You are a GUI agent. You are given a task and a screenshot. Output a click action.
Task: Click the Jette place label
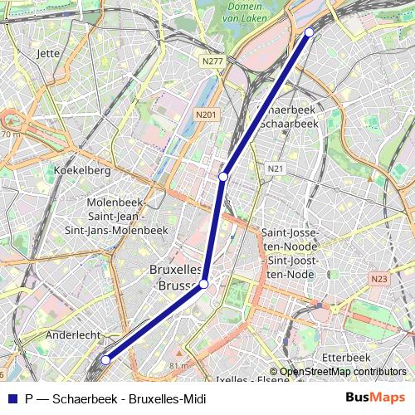50,53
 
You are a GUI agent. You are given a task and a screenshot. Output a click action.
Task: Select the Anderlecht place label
73,334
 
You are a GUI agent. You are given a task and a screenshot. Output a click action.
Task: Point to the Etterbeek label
344,357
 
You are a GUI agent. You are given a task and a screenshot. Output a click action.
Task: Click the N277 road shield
212,61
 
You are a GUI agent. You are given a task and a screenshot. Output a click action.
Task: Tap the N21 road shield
276,168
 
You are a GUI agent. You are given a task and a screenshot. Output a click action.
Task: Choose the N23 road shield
380,279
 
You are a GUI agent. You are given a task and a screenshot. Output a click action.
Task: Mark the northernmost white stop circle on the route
310,32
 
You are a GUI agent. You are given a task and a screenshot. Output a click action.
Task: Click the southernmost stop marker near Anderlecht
106,360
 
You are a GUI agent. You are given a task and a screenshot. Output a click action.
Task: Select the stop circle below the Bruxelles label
204,285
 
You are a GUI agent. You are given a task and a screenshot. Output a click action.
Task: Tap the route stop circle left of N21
223,177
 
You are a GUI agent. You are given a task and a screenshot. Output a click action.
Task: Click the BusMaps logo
374,398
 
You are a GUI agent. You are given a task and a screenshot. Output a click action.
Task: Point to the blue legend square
12,398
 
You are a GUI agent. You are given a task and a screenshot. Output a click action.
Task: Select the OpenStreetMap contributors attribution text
342,372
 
